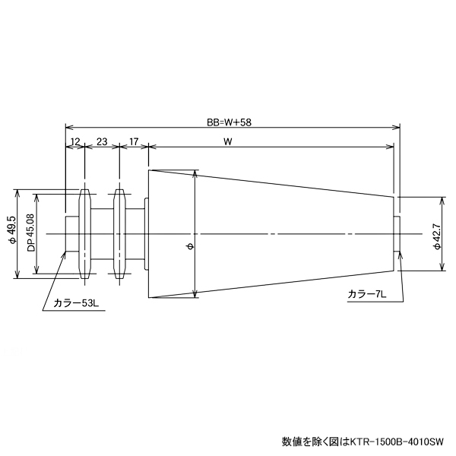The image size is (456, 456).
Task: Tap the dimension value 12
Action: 74,141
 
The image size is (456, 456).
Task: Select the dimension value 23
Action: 101,141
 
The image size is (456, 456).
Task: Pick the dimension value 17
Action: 134,141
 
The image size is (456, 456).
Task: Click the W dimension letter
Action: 228,141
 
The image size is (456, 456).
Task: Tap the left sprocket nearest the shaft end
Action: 84,233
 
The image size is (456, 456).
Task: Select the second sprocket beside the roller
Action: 119,233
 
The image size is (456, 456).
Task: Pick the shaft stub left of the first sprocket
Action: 72,233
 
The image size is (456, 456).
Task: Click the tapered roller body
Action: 266,233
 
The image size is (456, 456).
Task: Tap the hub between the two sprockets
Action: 102,233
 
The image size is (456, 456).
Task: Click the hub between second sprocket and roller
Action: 134,233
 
